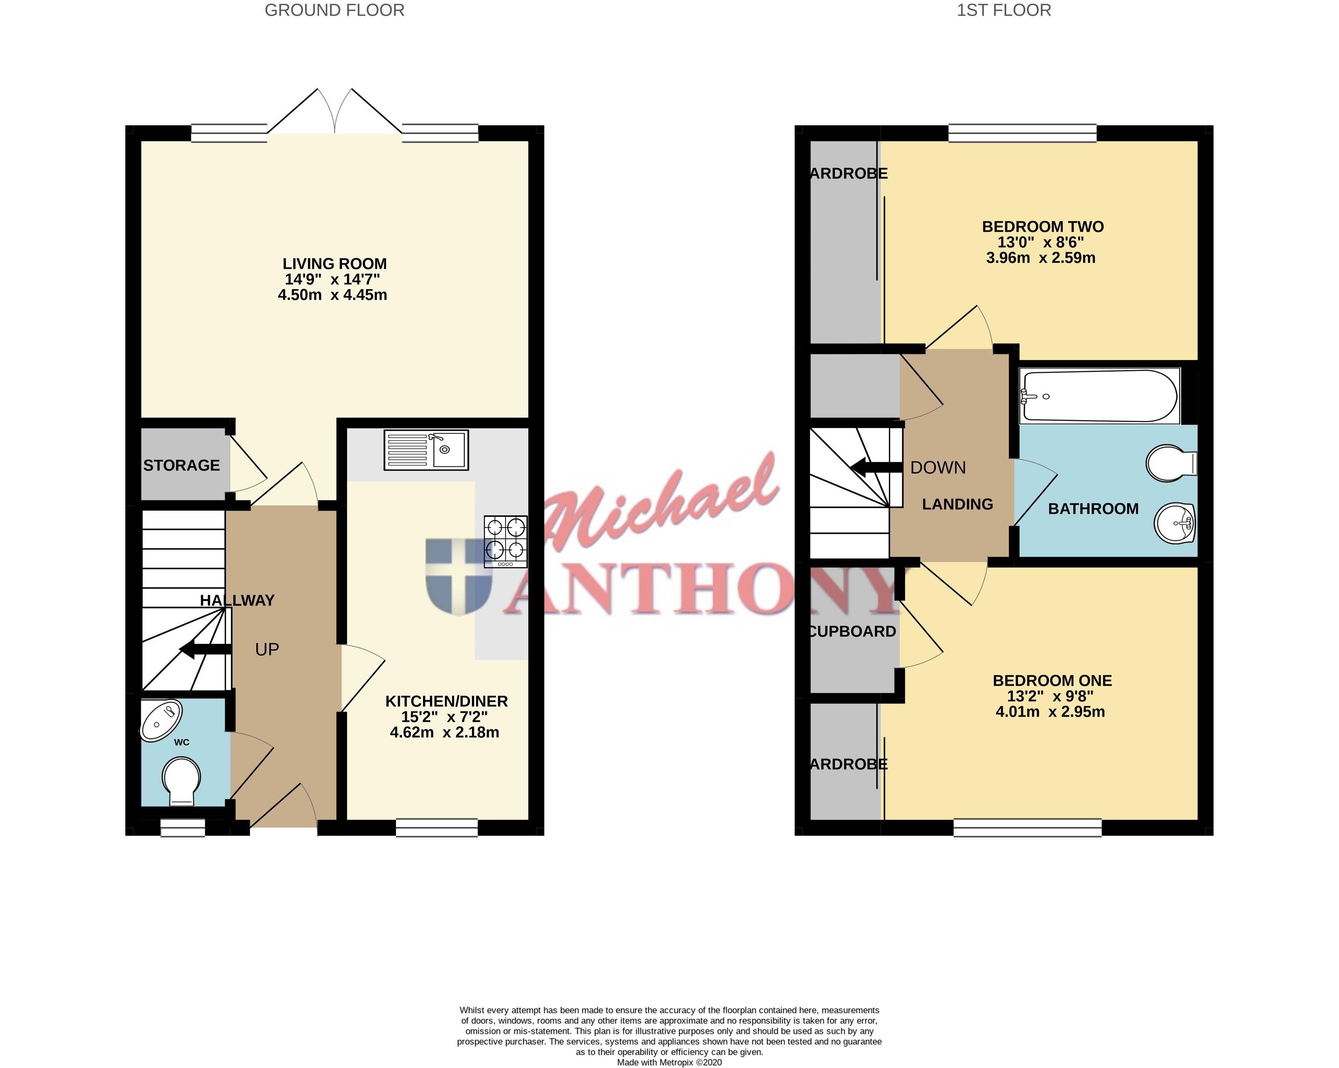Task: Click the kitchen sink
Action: tap(426, 450)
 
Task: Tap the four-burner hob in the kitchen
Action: tap(506, 542)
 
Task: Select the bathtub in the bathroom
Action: tap(1099, 396)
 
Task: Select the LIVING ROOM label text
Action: tap(335, 264)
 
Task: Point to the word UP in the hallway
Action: tap(267, 650)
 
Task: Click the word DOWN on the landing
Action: tap(938, 468)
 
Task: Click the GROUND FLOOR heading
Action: tap(334, 11)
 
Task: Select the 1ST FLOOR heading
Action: tap(1004, 11)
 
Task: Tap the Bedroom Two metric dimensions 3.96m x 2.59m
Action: tap(1041, 258)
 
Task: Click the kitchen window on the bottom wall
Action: tap(437, 828)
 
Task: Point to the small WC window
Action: tap(183, 828)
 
